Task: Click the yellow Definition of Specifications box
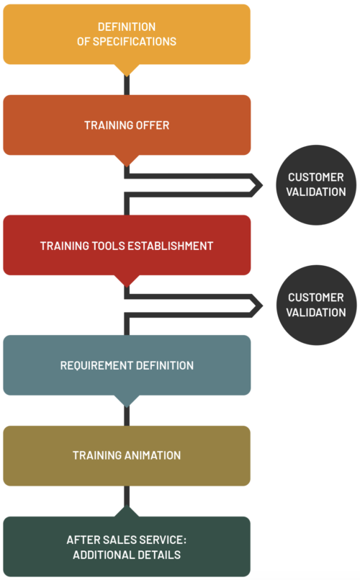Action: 127,35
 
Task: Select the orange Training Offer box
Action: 127,125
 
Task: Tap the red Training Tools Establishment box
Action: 127,245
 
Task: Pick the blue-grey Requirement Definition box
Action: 127,365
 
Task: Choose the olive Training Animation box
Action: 127,455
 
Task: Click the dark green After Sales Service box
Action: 127,547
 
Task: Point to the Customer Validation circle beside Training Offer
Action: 316,185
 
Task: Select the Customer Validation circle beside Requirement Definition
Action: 316,305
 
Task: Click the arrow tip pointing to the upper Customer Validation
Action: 262,185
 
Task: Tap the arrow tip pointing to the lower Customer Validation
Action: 262,306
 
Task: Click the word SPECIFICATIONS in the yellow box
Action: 134,42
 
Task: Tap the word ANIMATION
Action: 152,455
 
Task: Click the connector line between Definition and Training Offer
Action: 127,85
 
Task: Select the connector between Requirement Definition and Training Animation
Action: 127,416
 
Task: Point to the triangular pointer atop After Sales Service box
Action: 127,512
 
